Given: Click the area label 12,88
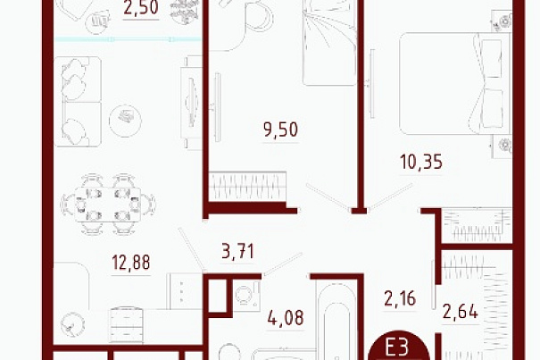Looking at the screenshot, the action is pyautogui.click(x=131, y=262).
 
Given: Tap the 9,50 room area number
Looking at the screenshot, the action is pyautogui.click(x=280, y=130).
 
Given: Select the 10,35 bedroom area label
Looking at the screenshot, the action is pyautogui.click(x=420, y=162).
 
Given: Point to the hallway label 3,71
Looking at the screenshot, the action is pyautogui.click(x=238, y=251).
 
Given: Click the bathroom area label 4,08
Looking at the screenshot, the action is pyautogui.click(x=286, y=318).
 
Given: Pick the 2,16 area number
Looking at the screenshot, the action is pyautogui.click(x=400, y=298).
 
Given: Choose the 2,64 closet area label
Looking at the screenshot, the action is pyautogui.click(x=460, y=312).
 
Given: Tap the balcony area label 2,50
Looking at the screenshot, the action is pyautogui.click(x=141, y=7).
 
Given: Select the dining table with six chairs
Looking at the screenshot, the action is pyautogui.click(x=108, y=205).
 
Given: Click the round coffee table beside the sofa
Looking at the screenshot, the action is pyautogui.click(x=125, y=121).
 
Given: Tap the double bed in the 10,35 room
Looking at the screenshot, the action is pyautogui.click(x=454, y=83).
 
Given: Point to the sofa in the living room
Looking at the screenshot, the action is pyautogui.click(x=78, y=101).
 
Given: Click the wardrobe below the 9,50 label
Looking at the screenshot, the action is pyautogui.click(x=247, y=186).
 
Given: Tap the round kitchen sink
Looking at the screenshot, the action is pyautogui.click(x=72, y=324).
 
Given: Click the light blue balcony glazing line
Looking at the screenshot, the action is pyautogui.click(x=128, y=39).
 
